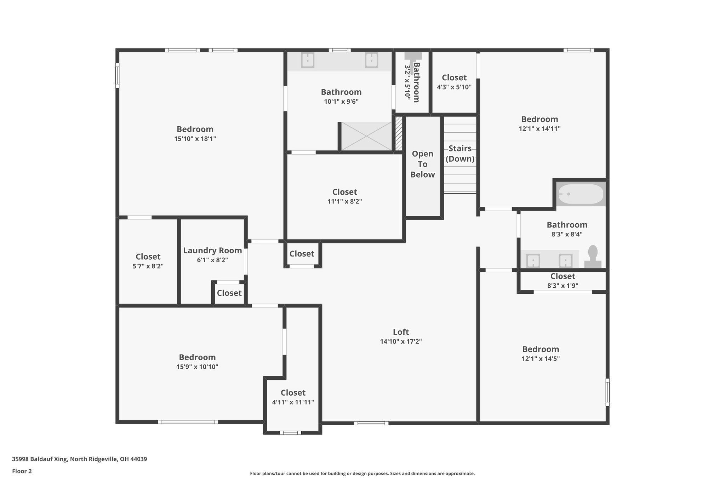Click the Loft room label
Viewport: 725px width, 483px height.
pyautogui.click(x=401, y=332)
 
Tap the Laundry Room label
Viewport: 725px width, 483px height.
pyautogui.click(x=212, y=251)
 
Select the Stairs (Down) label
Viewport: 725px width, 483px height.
pyautogui.click(x=460, y=153)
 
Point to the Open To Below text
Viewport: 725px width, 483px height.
pyautogui.click(x=423, y=164)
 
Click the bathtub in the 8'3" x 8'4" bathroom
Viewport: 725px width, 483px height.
pyautogui.click(x=581, y=194)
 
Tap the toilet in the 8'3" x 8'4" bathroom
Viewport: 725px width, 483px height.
pyautogui.click(x=593, y=257)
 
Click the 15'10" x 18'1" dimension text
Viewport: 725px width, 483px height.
pyautogui.click(x=195, y=139)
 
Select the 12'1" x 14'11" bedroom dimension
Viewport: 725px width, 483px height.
pyautogui.click(x=540, y=129)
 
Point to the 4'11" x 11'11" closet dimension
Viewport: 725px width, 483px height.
pyautogui.click(x=293, y=402)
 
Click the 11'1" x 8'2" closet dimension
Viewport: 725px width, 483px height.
pyautogui.click(x=344, y=202)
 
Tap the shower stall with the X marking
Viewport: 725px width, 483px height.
pyautogui.click(x=366, y=136)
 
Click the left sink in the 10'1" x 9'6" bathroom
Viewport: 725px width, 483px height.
pyautogui.click(x=308, y=60)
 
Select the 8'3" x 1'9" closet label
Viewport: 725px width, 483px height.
pyautogui.click(x=563, y=276)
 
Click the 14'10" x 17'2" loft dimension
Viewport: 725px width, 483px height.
pyautogui.click(x=401, y=342)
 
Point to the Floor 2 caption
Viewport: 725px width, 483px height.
pyautogui.click(x=22, y=471)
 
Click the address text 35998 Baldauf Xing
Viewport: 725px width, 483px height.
pyautogui.click(x=39, y=459)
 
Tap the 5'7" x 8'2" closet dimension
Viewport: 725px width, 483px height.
pyautogui.click(x=148, y=266)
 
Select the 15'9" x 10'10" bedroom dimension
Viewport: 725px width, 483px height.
pyautogui.click(x=197, y=367)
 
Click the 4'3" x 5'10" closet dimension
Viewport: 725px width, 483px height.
pyautogui.click(x=454, y=87)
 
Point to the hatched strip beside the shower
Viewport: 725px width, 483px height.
pyautogui.click(x=399, y=133)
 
